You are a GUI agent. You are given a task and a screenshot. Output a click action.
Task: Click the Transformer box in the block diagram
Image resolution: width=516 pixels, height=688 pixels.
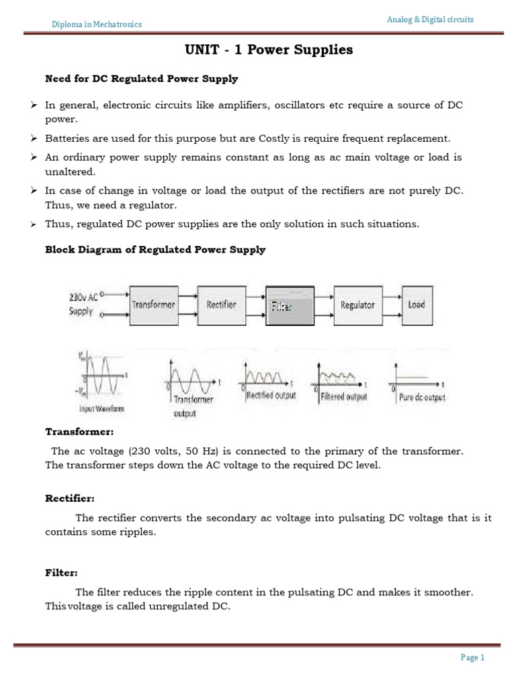click(153, 304)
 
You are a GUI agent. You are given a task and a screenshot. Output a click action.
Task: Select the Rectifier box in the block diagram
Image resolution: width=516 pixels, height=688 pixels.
click(222, 304)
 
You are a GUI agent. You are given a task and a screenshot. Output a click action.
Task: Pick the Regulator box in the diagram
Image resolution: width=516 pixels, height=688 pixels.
click(357, 304)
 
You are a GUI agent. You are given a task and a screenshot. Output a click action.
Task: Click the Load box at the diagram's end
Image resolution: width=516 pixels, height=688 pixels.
click(417, 304)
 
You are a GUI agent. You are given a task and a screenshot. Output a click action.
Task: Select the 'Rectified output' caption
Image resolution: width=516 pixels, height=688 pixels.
click(271, 396)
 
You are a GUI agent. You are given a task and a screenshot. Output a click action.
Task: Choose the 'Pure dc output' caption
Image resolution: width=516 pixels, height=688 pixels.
click(422, 397)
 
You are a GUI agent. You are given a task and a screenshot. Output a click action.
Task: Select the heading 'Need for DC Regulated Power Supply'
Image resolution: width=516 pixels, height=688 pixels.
click(141, 79)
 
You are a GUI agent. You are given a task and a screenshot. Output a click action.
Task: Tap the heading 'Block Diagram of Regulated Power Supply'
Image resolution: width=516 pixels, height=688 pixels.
click(155, 249)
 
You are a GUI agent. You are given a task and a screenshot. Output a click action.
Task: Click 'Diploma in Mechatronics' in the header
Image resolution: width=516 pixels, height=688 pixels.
click(97, 25)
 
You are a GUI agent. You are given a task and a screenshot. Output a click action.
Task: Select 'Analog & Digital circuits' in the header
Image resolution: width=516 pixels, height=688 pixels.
click(430, 19)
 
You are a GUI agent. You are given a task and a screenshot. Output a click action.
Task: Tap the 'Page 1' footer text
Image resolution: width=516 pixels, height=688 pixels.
click(472, 658)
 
